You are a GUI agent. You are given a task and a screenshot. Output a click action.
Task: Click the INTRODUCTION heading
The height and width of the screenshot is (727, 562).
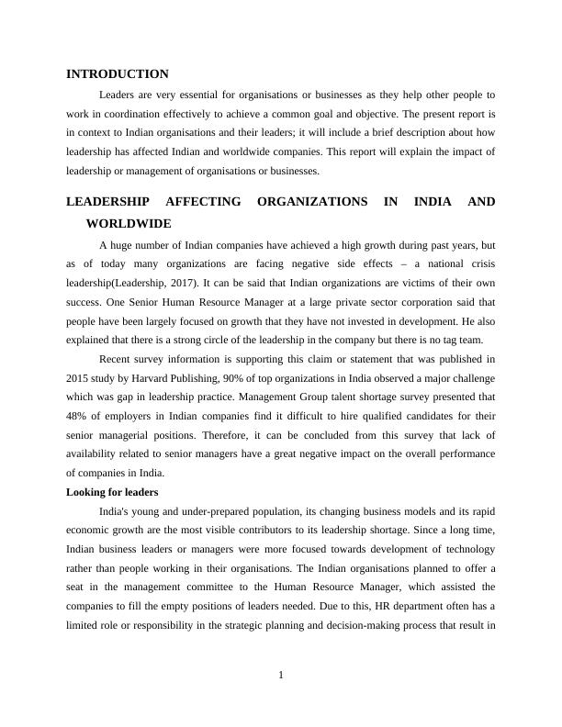[x=118, y=74]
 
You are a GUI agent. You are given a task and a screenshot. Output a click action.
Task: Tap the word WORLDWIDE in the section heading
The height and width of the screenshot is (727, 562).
[x=128, y=223]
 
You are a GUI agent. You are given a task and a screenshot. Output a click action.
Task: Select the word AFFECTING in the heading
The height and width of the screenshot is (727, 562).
[x=210, y=202]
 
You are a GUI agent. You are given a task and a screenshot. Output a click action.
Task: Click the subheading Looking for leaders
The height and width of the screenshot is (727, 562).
[x=112, y=493]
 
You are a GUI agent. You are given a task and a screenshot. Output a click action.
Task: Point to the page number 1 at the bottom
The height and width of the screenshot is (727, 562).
[x=281, y=677]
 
